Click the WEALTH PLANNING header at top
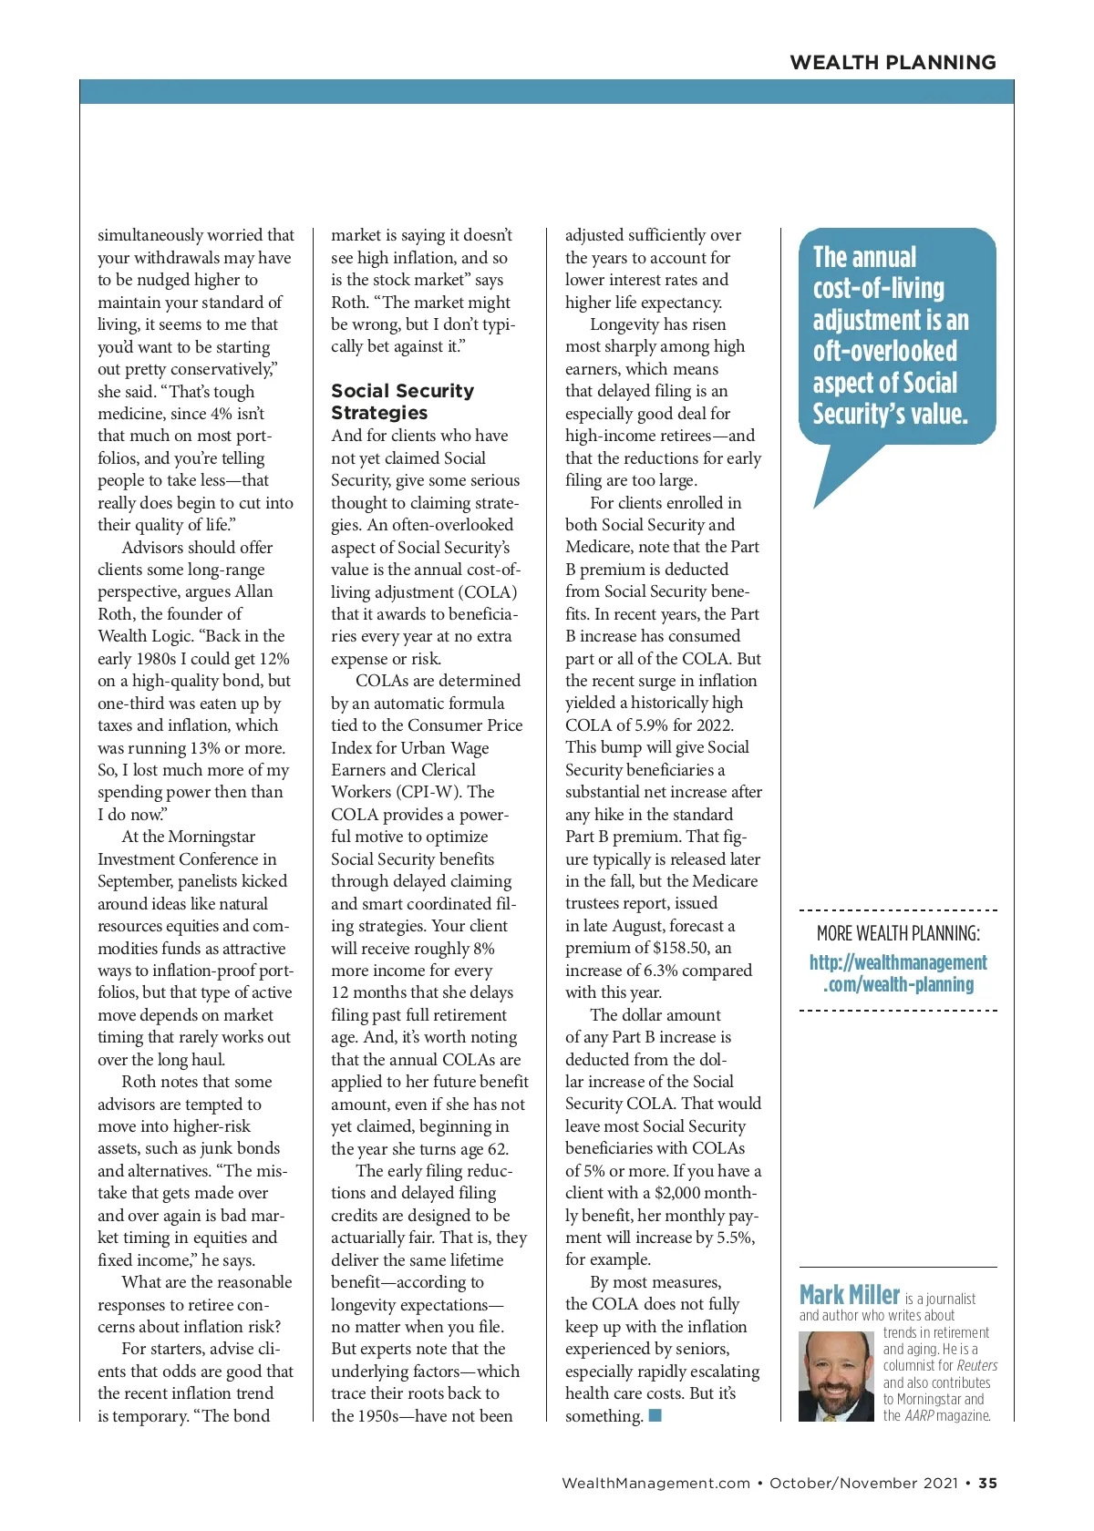tap(893, 62)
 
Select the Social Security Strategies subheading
tap(402, 401)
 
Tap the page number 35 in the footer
tap(987, 1483)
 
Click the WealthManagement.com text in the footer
tap(655, 1483)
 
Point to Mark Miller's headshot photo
tap(835, 1376)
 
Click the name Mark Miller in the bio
tap(850, 1295)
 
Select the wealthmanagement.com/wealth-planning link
tap(898, 973)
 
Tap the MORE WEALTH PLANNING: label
tap(898, 933)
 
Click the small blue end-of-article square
tap(655, 1415)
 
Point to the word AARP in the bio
tap(919, 1415)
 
